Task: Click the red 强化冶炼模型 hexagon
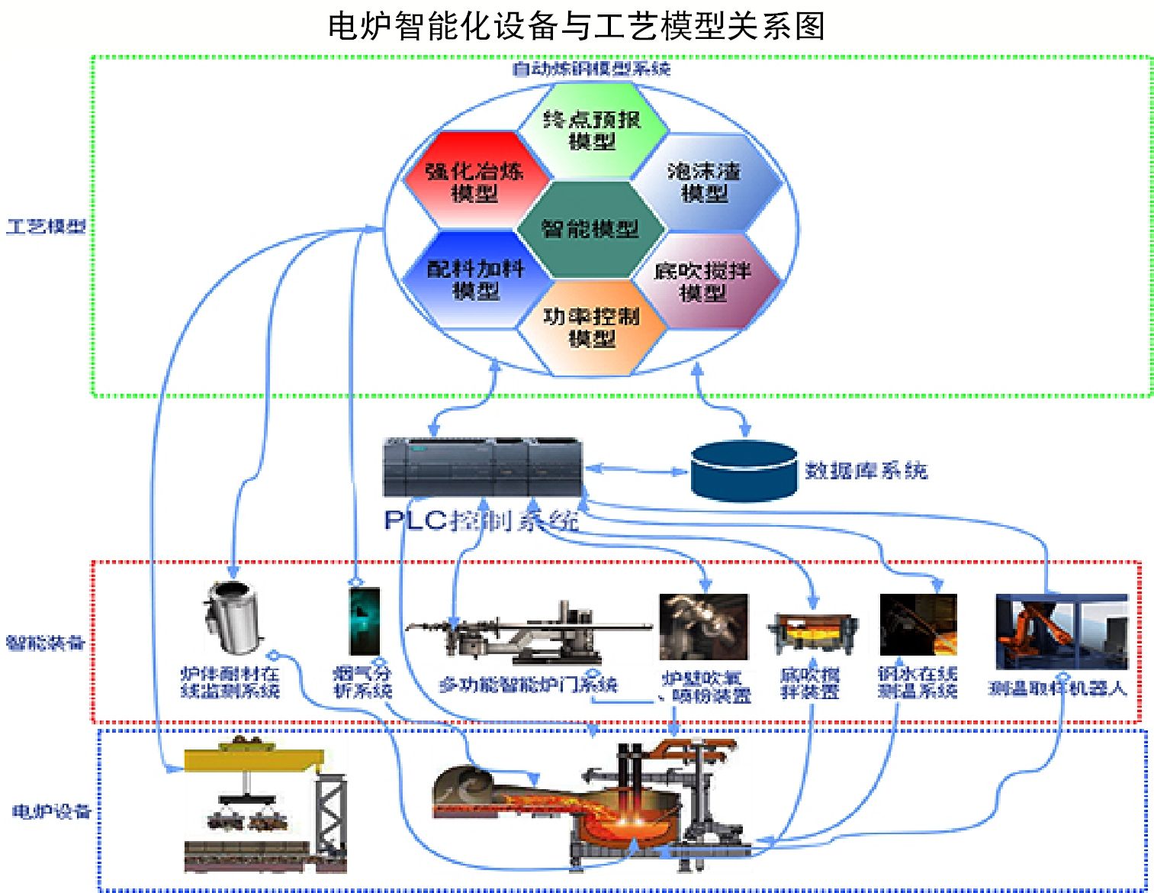click(474, 182)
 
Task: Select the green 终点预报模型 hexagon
click(592, 130)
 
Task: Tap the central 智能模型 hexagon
click(590, 229)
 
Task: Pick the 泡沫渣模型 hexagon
click(705, 182)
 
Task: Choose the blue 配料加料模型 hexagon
click(475, 279)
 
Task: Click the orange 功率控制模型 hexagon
click(592, 327)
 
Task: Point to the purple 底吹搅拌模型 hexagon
click(703, 281)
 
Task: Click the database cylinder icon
click(744, 470)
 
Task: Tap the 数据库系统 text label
click(866, 470)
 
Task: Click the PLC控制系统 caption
click(481, 521)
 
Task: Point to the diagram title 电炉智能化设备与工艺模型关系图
click(577, 26)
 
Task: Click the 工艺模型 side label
click(46, 226)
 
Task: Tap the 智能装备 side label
click(45, 643)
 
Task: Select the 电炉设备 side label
click(51, 811)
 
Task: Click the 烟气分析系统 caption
click(363, 682)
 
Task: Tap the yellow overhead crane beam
click(254, 759)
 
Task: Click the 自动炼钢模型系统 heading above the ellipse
click(591, 69)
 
